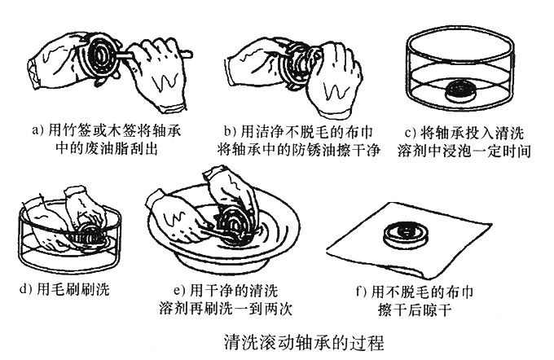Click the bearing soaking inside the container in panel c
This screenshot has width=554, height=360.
point(458,90)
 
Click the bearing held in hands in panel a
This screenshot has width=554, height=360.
point(104,50)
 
